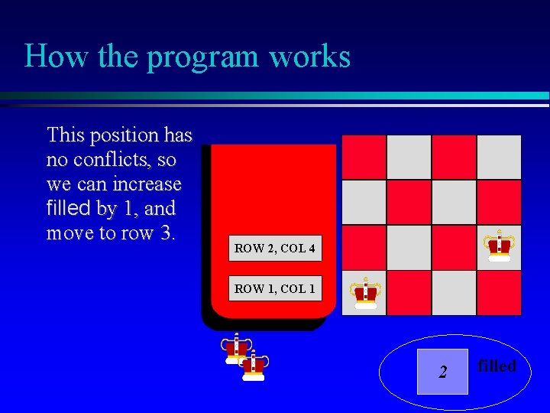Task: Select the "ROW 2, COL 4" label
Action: pyautogui.click(x=274, y=249)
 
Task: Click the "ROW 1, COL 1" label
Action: pyautogui.click(x=274, y=288)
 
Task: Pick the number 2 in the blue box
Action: pyautogui.click(x=442, y=372)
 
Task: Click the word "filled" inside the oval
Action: pyautogui.click(x=497, y=366)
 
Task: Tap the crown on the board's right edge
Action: pyautogui.click(x=500, y=246)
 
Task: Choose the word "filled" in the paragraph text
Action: pyautogui.click(x=69, y=208)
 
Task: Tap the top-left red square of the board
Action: pyautogui.click(x=364, y=157)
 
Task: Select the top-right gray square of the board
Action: pyautogui.click(x=499, y=157)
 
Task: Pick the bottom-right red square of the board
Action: pyautogui.click(x=499, y=292)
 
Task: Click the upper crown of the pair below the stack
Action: pyautogui.click(x=236, y=347)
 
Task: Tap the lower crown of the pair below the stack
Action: pyautogui.click(x=253, y=366)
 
